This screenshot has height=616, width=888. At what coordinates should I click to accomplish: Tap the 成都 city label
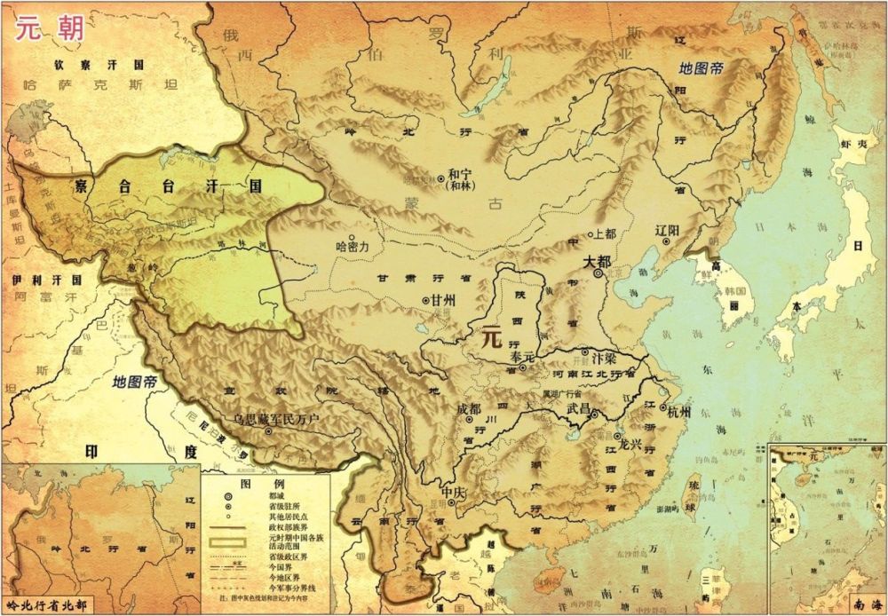point(468,410)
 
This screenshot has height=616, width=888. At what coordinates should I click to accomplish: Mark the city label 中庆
point(453,491)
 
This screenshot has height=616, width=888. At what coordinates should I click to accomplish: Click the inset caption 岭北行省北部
point(48,605)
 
